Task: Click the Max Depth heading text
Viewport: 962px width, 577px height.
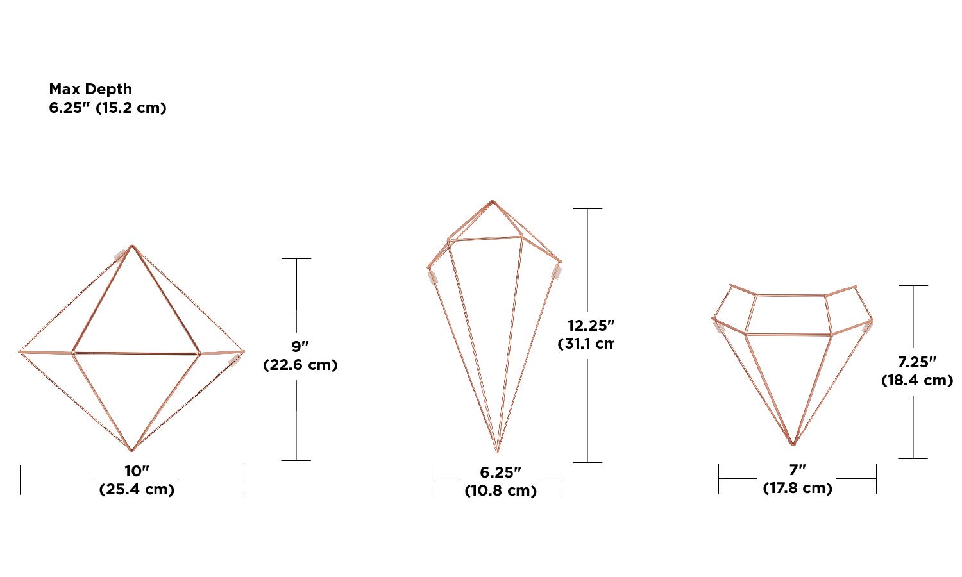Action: click(90, 89)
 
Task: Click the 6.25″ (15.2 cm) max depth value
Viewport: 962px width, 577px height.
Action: click(107, 108)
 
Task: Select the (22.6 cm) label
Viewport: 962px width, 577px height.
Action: click(300, 365)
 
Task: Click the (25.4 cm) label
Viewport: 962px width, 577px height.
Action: click(137, 489)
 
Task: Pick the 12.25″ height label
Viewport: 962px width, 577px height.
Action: click(591, 326)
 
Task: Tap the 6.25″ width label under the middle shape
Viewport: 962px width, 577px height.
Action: click(500, 472)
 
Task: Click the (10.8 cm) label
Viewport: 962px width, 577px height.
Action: click(500, 490)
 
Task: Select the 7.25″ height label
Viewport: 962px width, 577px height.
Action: click(916, 362)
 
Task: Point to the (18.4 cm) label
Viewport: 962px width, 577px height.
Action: click(916, 380)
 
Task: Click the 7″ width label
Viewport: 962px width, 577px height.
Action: click(797, 470)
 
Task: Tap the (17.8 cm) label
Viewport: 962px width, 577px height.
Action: click(797, 488)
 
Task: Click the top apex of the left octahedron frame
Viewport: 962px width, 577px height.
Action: click(132, 246)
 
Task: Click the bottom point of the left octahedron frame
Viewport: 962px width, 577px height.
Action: click(131, 450)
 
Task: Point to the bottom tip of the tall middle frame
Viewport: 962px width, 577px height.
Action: click(497, 451)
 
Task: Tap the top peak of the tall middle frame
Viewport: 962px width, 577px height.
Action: click(493, 201)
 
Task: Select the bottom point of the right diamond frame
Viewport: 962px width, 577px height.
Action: click(794, 445)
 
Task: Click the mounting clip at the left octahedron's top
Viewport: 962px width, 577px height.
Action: click(120, 255)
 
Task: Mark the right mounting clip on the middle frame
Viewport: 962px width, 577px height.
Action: click(557, 272)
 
